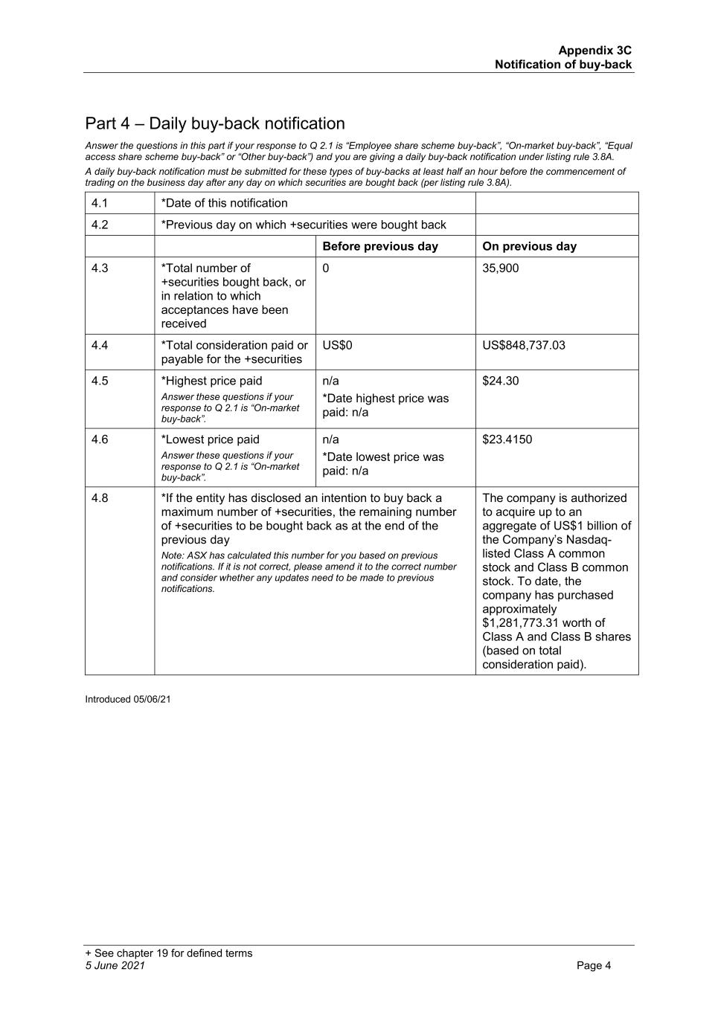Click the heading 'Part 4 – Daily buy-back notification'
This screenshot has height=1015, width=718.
click(x=215, y=123)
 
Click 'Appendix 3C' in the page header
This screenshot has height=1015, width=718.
click(x=594, y=51)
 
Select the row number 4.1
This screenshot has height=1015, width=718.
click(x=100, y=203)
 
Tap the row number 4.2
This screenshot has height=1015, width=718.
click(x=100, y=225)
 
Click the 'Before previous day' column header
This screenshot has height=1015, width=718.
click(x=380, y=246)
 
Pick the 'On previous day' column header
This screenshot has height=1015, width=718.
click(x=529, y=246)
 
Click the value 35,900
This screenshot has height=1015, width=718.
click(x=501, y=268)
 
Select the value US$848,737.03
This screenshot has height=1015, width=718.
click(x=524, y=345)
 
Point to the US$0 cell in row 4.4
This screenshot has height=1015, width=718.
click(x=337, y=345)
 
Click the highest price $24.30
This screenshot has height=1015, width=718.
click(x=501, y=381)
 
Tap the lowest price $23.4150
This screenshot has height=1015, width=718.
click(x=507, y=439)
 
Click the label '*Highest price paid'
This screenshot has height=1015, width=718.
click(x=212, y=381)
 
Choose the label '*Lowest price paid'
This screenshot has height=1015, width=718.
click(x=211, y=439)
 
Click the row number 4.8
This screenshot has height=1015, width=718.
click(x=100, y=498)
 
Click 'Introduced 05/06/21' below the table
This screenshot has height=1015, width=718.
click(x=128, y=699)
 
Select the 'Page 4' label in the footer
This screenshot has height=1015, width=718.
click(x=594, y=966)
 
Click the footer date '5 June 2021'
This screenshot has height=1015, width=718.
click(x=115, y=966)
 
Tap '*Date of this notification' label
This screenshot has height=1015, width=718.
click(x=225, y=203)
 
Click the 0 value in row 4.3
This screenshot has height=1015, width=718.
click(x=326, y=268)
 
